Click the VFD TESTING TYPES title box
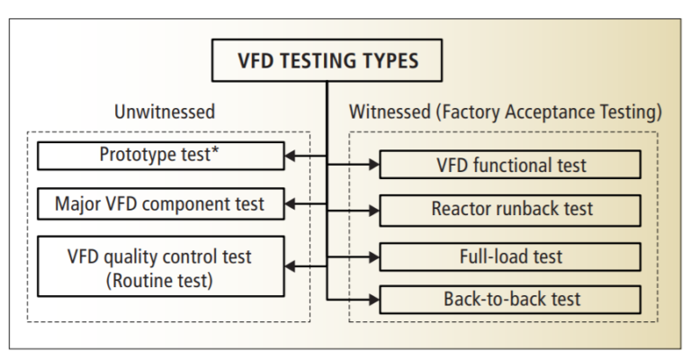[327, 63]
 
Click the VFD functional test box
[510, 165]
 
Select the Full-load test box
[510, 256]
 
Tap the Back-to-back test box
[510, 298]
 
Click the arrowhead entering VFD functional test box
[373, 165]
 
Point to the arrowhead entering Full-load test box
[373, 256]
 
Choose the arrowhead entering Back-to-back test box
[373, 298]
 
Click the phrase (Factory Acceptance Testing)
[546, 115]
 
